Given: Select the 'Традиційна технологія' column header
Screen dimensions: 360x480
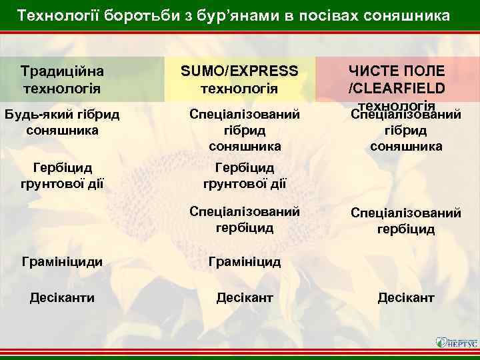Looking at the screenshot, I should coord(61,79).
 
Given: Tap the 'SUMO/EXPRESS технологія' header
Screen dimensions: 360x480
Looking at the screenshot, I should coord(239,79).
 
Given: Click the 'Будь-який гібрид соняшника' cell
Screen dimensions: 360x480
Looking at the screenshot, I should coord(62,122).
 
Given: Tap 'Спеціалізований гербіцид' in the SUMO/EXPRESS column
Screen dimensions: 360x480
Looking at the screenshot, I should coord(245,219).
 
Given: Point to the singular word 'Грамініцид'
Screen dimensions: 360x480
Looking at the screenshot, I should coord(245,262).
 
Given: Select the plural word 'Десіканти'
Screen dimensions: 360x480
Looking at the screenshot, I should coord(61,297).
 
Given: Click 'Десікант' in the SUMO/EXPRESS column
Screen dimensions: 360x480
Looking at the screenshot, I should coord(245,297).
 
